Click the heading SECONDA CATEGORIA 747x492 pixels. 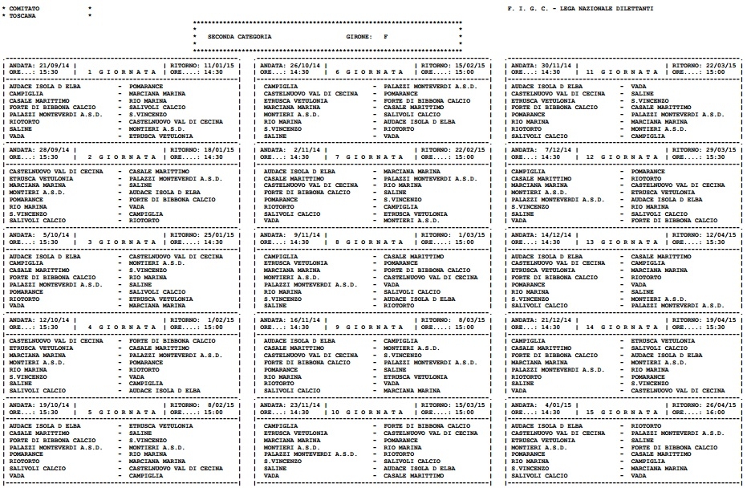coord(238,37)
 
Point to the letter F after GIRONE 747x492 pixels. coord(386,37)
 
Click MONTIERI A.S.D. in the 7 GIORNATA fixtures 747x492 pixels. coord(407,220)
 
